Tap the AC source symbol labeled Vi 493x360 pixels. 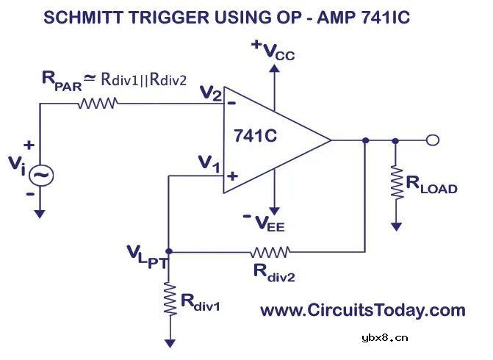[x=41, y=175]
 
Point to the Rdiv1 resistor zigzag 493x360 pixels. [x=170, y=300]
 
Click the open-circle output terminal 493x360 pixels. [x=433, y=140]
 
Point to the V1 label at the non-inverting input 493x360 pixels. [x=209, y=165]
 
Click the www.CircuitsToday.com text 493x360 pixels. [x=363, y=310]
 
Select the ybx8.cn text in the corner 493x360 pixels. [x=384, y=338]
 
